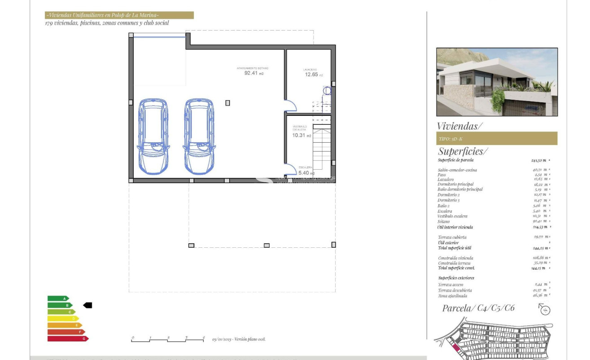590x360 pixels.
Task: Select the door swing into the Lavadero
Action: [x=291, y=105]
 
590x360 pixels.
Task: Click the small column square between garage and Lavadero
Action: [x=227, y=103]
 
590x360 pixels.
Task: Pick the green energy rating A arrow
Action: [x=58, y=299]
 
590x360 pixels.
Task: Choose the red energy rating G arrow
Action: [x=68, y=338]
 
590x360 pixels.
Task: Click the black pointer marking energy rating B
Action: [x=87, y=305]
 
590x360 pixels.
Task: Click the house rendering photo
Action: [x=497, y=82]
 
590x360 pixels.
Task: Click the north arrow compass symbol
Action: [x=545, y=309]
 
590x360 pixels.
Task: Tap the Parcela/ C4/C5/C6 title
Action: [x=478, y=308]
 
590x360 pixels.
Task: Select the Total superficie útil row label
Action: [x=455, y=248]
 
